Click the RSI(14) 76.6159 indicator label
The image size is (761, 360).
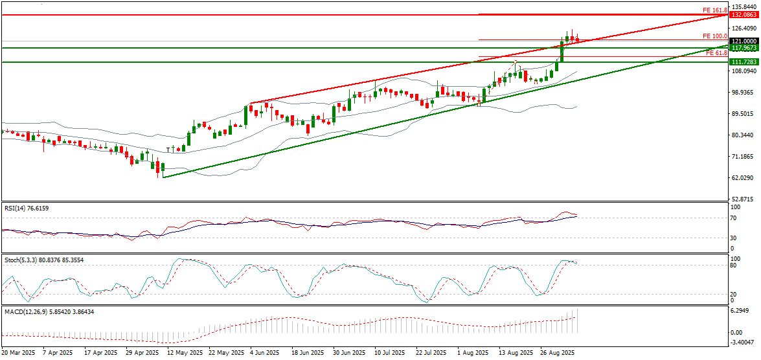[25, 208]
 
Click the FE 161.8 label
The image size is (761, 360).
[715, 10]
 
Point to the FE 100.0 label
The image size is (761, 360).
[715, 36]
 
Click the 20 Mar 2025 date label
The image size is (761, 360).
[18, 353]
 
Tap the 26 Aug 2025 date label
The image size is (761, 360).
[556, 353]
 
